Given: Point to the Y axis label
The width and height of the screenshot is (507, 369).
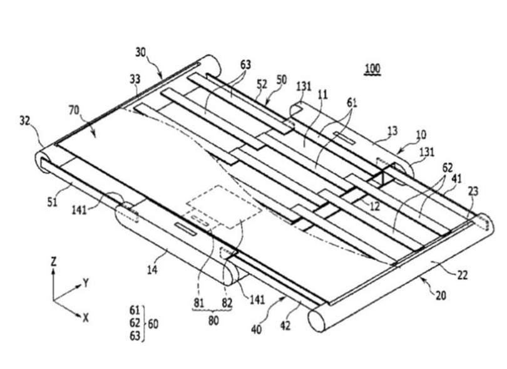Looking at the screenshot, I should point(86,283).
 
